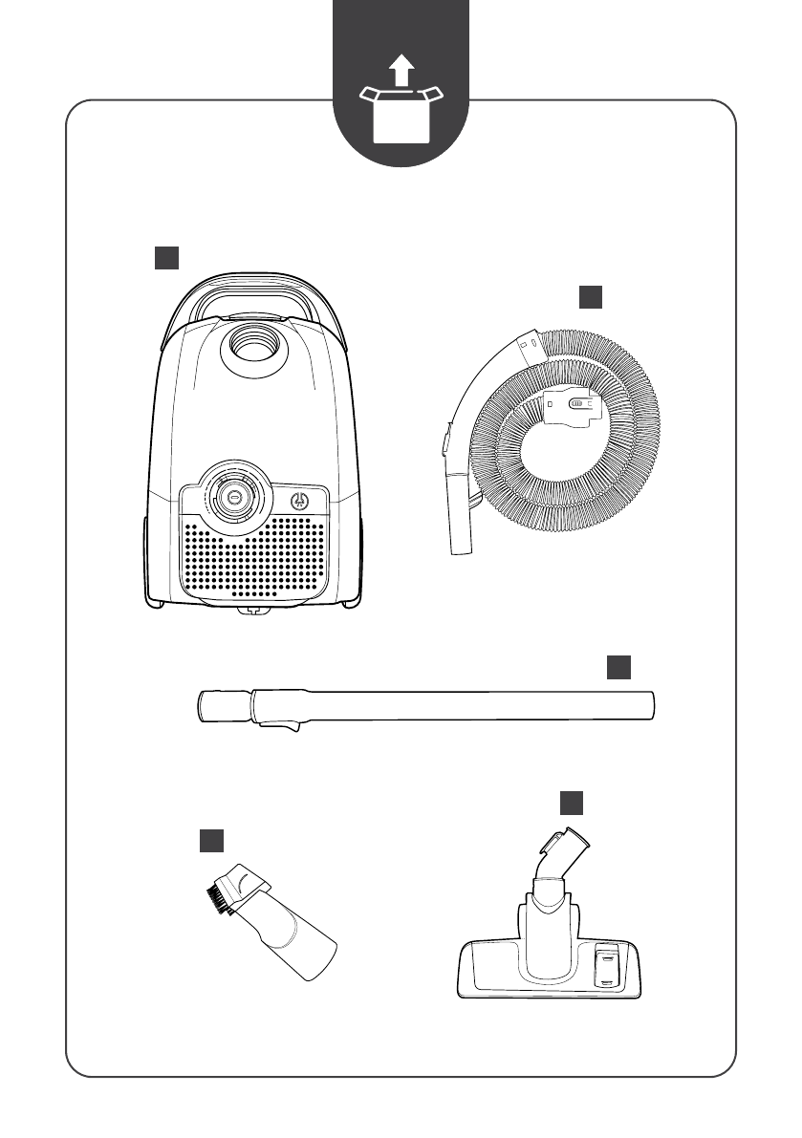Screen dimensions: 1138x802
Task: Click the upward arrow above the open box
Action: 401,71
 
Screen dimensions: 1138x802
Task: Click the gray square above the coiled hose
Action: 591,298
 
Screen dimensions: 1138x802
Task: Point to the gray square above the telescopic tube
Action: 619,667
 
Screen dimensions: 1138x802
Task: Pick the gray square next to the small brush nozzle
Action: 211,840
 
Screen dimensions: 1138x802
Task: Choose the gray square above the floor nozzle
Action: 571,802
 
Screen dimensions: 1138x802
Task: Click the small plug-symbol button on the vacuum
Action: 298,500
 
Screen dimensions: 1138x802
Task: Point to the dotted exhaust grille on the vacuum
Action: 253,559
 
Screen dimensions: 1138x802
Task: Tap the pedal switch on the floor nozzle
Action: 605,965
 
